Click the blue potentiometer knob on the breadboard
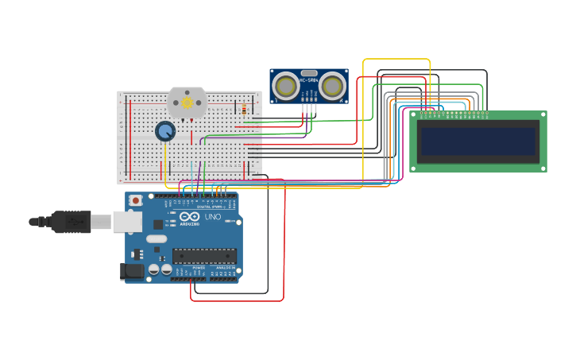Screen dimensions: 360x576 (x=165, y=131)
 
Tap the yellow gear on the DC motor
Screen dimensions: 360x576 (x=187, y=103)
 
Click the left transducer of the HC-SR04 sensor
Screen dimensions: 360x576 (x=285, y=85)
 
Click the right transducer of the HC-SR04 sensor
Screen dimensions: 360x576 (x=333, y=85)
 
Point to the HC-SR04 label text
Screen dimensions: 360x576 (x=309, y=79)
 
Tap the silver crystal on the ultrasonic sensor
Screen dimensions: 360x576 (x=309, y=72)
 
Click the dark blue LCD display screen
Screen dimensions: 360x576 (x=478, y=141)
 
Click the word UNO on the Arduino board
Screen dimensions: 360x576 (x=213, y=217)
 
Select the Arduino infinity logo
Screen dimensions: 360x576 (x=189, y=216)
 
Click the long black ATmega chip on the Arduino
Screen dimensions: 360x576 (x=204, y=256)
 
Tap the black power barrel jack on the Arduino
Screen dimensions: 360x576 (x=132, y=271)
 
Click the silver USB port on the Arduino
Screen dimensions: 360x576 (x=126, y=221)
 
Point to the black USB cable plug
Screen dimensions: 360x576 (x=72, y=222)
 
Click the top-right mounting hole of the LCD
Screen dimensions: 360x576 (x=543, y=115)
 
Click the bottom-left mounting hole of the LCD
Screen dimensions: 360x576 (x=414, y=168)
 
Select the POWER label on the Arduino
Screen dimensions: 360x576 (x=197, y=268)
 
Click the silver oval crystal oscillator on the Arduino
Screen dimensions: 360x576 (x=157, y=238)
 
